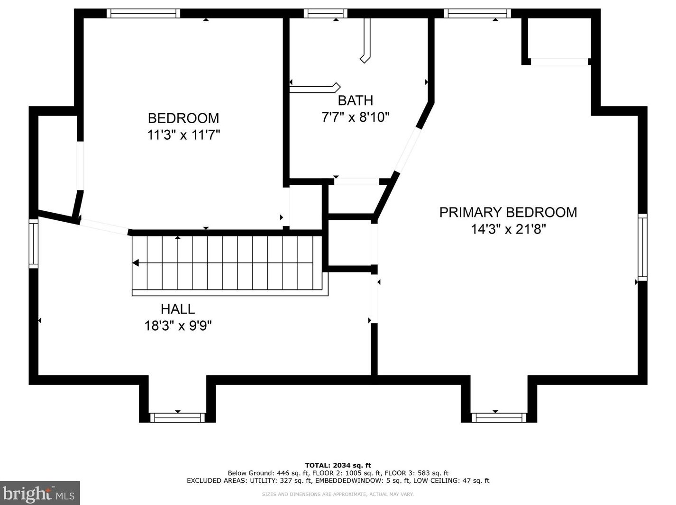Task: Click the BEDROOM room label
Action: [183, 118]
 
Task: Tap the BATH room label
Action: [356, 100]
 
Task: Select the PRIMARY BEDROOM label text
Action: [508, 213]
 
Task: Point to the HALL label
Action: [178, 309]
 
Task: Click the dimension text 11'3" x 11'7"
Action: [183, 135]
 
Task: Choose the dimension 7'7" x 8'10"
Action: [356, 117]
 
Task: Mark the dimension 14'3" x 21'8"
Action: [509, 229]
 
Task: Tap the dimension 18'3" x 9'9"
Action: [178, 325]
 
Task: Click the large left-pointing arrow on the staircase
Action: [136, 263]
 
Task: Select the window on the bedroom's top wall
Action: [143, 14]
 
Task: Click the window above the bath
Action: [326, 14]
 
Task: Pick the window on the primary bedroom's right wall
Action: [642, 247]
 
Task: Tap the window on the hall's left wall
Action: [34, 243]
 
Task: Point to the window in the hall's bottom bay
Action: [177, 418]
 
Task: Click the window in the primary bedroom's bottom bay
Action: [499, 418]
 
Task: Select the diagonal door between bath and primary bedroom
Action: [407, 151]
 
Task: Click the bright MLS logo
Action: [40, 493]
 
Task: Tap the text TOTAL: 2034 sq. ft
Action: [338, 465]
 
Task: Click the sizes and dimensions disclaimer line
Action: [338, 494]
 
